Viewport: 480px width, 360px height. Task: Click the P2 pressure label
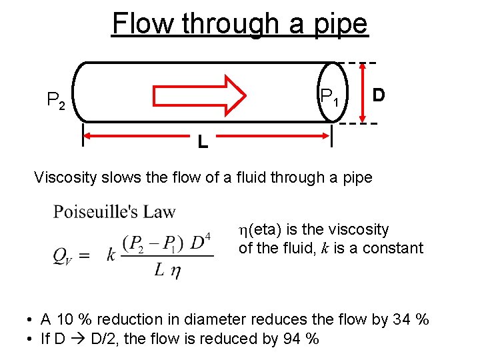[55, 101]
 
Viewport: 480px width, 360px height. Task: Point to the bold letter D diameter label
[378, 95]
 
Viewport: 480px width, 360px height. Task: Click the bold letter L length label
[202, 141]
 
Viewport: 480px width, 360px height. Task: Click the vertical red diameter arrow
[363, 93]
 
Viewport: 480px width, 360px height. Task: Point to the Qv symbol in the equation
[64, 256]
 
